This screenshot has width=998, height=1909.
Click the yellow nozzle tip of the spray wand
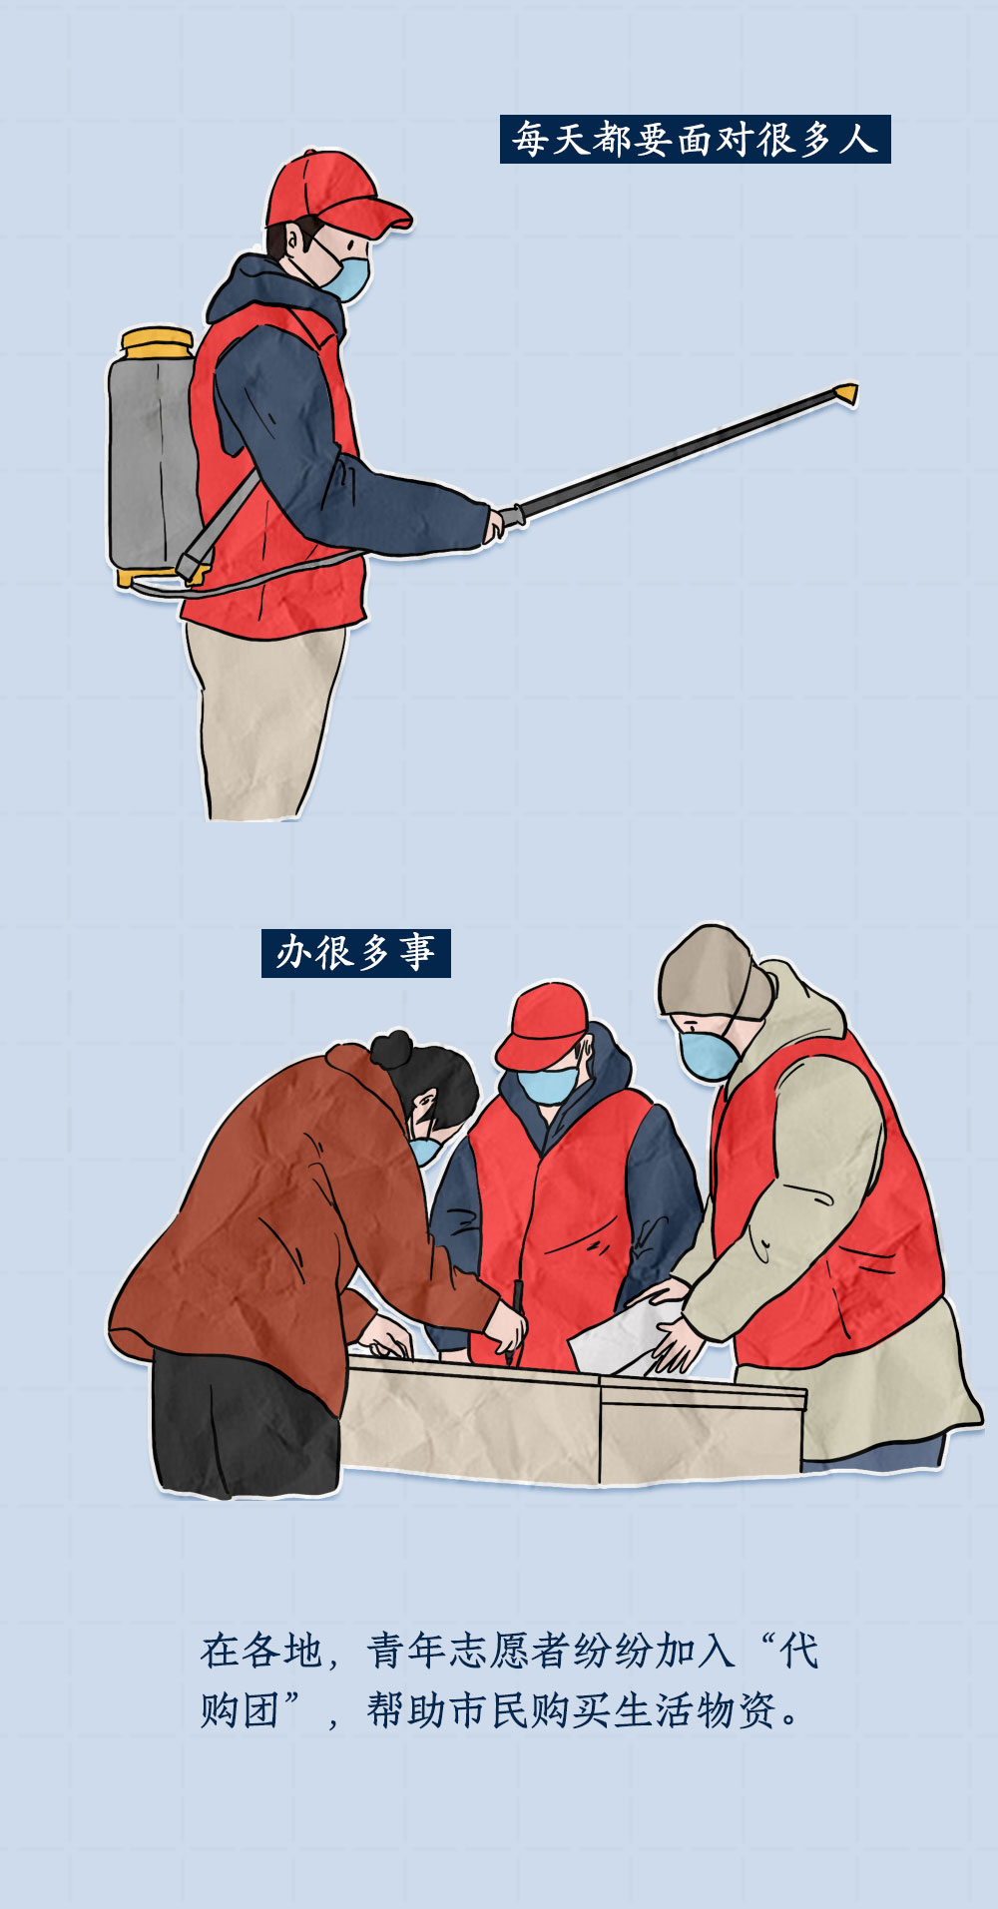tap(846, 393)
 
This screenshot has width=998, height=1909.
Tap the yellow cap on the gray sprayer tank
tap(157, 342)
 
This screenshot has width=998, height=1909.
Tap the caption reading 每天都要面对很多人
tap(695, 139)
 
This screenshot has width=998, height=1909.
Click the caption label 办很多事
tap(355, 953)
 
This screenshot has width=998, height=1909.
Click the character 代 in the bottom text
tap(799, 1652)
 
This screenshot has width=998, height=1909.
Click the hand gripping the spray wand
tap(494, 523)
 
